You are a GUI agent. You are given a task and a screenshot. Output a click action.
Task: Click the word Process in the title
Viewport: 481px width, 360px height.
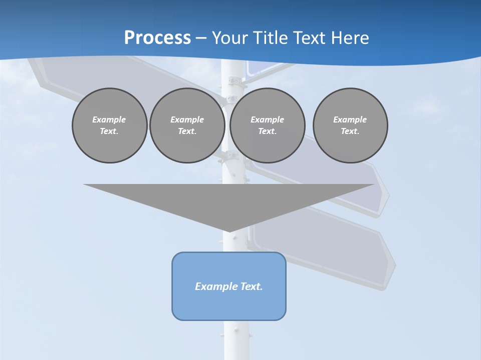point(157,38)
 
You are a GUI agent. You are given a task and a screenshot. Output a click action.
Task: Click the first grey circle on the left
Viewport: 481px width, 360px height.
point(109,125)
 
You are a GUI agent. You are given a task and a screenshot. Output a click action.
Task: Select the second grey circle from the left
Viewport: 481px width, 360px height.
point(187,125)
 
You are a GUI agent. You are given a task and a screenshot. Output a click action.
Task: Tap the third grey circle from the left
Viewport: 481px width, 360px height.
point(267,125)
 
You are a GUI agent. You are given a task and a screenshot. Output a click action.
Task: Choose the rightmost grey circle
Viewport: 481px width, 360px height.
point(350,125)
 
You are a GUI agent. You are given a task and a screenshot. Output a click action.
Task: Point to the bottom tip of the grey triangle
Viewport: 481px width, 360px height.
point(229,230)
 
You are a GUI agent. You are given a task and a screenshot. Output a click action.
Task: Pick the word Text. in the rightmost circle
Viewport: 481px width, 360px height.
point(350,131)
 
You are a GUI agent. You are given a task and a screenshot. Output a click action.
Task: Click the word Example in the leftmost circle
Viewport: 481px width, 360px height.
point(109,119)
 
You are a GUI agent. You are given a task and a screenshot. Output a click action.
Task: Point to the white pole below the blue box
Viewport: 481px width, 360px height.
point(235,340)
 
